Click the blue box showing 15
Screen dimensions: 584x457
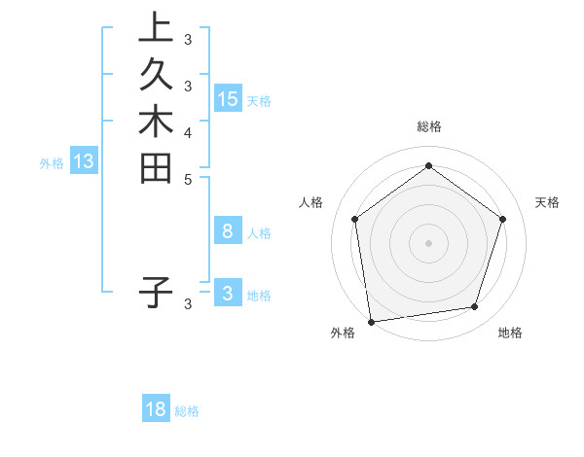[228, 99]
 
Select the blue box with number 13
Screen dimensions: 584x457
[84, 162]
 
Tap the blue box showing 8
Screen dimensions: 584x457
[228, 231]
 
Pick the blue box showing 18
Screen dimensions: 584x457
[156, 409]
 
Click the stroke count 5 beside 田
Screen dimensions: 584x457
[188, 178]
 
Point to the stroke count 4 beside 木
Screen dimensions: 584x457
[188, 131]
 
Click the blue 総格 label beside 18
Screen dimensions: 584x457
[187, 411]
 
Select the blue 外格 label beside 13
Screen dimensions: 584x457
[52, 164]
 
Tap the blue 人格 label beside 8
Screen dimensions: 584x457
[259, 233]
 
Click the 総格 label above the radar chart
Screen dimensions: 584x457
[428, 126]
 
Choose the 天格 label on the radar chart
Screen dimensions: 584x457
[548, 202]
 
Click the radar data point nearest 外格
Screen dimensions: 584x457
[371, 320]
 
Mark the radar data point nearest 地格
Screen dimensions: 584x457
[475, 307]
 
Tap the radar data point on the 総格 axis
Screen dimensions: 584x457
[428, 166]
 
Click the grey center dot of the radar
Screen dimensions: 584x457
[428, 242]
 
